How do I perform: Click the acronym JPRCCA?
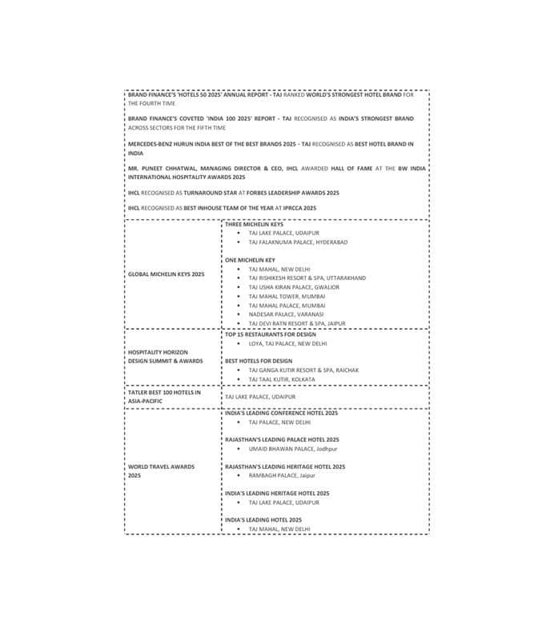point(288,208)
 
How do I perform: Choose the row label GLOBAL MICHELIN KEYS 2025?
point(167,274)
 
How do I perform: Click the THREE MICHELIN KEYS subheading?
point(254,225)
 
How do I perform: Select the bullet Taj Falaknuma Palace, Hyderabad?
point(298,242)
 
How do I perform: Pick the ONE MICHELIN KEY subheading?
point(250,260)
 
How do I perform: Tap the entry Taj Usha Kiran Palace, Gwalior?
point(294,287)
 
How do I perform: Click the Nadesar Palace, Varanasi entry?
point(286,314)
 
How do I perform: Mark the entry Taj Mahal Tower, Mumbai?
point(286,296)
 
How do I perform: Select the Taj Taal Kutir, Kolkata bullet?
point(281,379)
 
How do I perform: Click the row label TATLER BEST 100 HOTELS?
point(164,392)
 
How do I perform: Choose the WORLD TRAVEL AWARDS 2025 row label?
point(161,470)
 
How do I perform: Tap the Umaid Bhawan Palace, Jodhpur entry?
point(293,449)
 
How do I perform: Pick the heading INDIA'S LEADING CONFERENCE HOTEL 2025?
point(282,414)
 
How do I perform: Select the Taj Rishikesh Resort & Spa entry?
point(307,278)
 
